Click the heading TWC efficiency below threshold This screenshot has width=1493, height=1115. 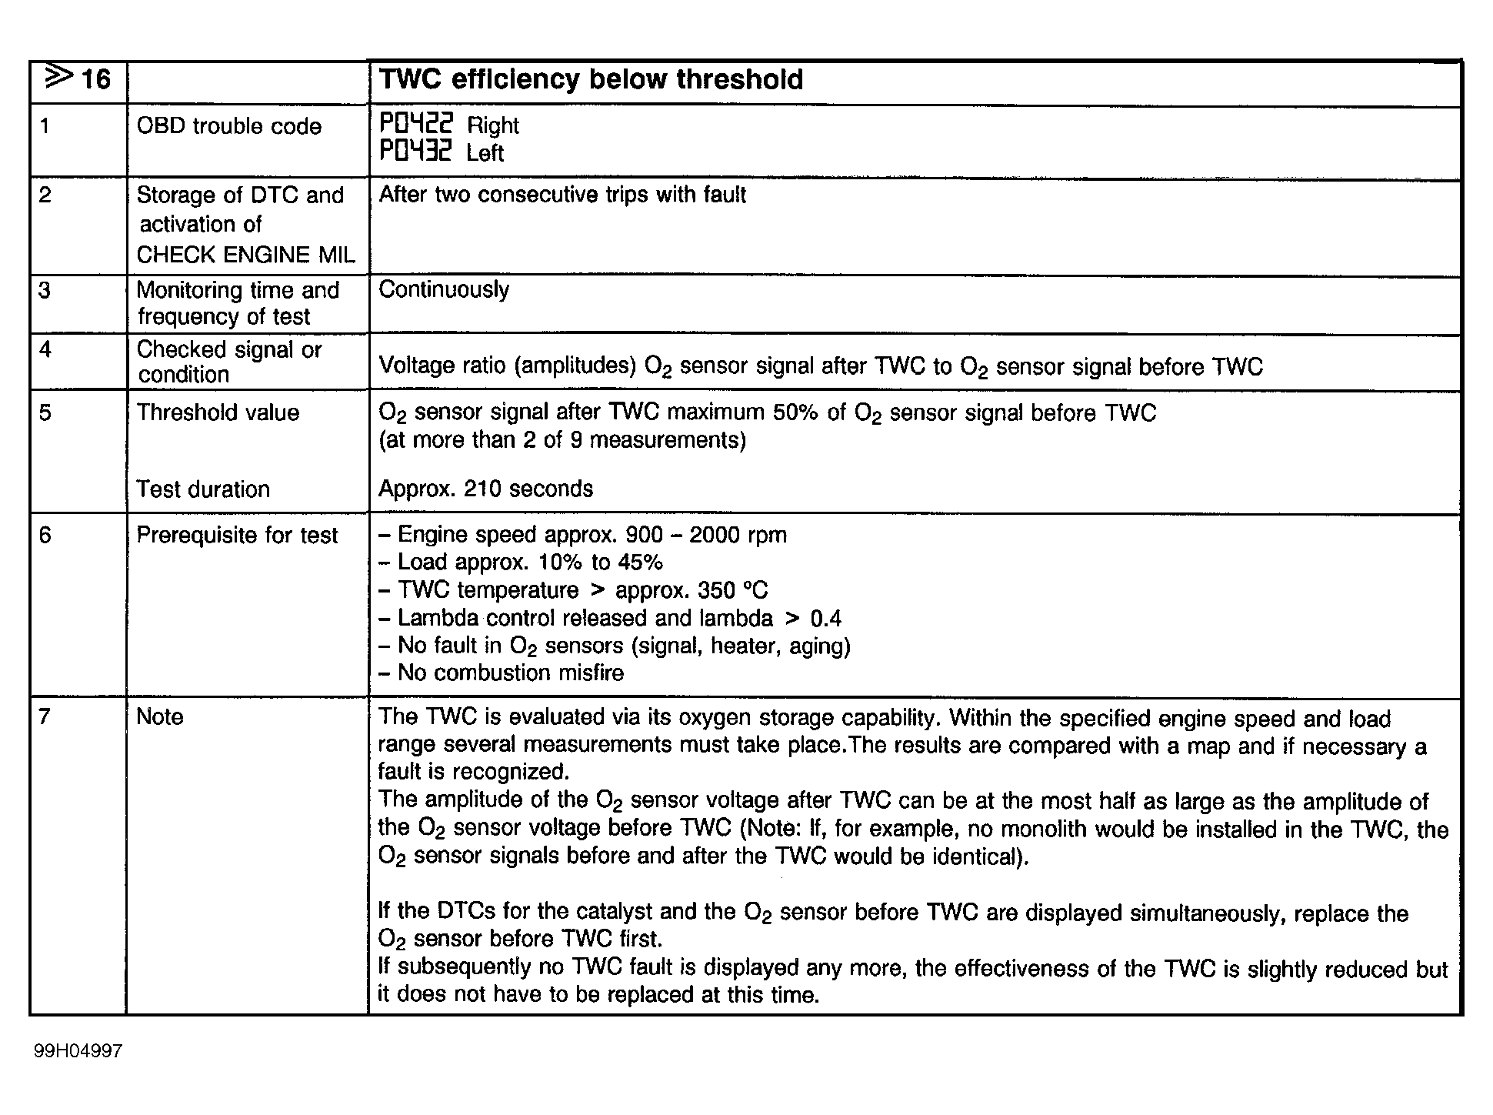(591, 80)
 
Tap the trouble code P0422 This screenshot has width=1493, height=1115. (416, 124)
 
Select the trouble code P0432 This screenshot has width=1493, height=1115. (416, 151)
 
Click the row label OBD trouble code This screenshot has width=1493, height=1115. (228, 126)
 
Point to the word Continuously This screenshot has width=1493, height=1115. (444, 289)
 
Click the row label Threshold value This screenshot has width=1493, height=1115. (218, 412)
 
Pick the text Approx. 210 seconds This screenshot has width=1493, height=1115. (485, 489)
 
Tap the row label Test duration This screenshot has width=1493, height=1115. (203, 489)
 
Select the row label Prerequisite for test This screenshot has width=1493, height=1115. (237, 536)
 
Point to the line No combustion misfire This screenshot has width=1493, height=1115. (510, 673)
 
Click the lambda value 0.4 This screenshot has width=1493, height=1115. (826, 619)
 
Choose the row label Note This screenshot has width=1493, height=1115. (160, 717)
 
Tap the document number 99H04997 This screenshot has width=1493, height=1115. (78, 1051)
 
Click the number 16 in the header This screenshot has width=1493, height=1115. (95, 79)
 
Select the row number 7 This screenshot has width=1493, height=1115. (45, 717)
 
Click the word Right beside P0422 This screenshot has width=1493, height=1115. (493, 125)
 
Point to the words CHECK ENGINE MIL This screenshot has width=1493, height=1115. (245, 255)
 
